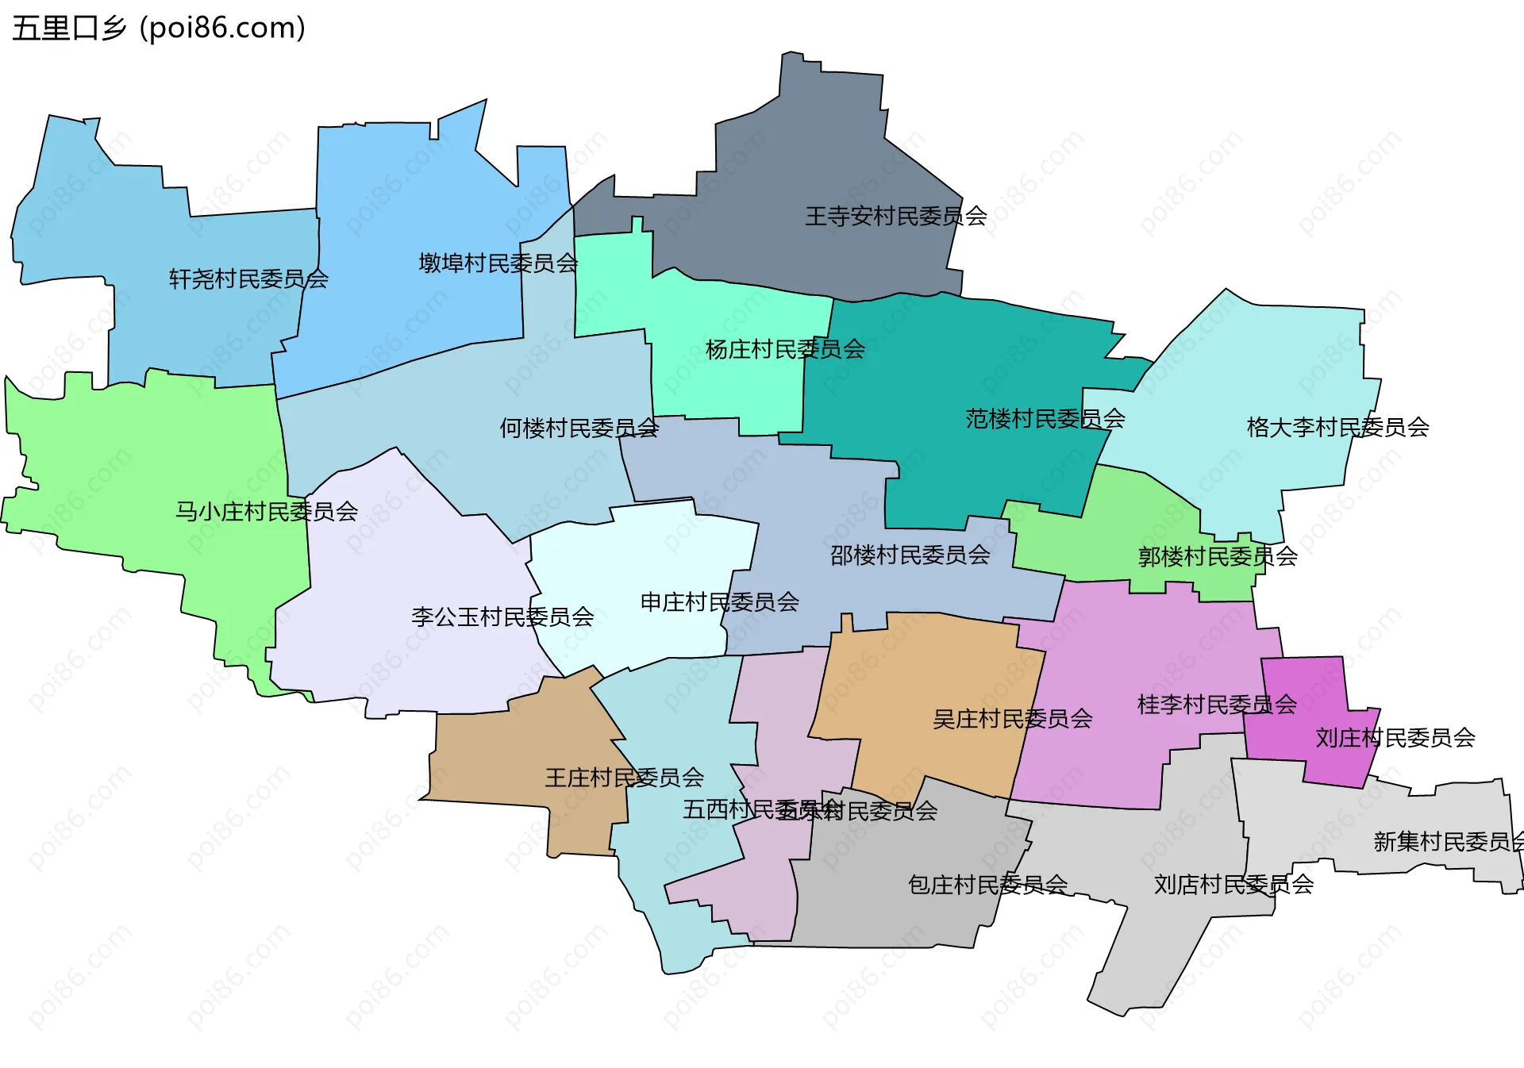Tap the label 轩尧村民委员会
[x=248, y=279]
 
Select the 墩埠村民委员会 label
[x=498, y=263]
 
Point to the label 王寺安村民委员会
[x=895, y=217]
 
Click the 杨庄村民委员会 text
[x=785, y=350]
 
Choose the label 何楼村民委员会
[x=579, y=428]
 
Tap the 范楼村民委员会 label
[x=1045, y=419]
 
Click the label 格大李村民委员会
[x=1337, y=428]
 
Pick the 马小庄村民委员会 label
[x=266, y=512]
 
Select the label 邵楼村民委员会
[x=910, y=555]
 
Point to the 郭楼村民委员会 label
[x=1217, y=557]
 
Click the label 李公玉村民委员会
[x=502, y=617]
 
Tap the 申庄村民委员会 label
[x=719, y=602]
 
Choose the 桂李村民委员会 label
[x=1216, y=705]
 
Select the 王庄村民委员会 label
[x=624, y=778]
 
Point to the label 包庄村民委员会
[x=987, y=885]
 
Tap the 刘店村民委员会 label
[x=1233, y=885]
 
